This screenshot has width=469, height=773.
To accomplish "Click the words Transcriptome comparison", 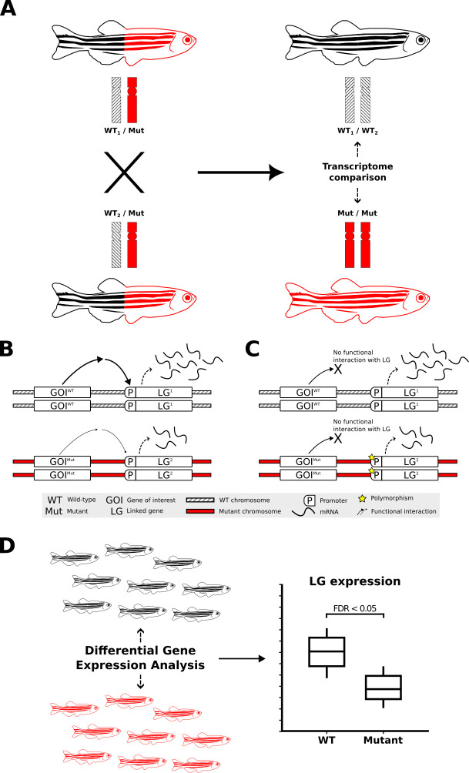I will click(x=355, y=171).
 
